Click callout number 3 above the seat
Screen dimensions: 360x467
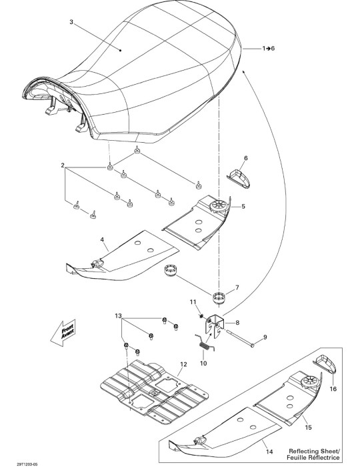(x=71, y=22)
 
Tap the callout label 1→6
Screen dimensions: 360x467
(x=269, y=48)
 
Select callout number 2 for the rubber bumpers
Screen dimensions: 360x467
(x=63, y=165)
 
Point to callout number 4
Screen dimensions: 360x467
(x=102, y=240)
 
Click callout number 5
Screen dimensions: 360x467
(x=243, y=206)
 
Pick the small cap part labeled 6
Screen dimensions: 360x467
(x=239, y=179)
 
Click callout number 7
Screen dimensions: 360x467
(x=237, y=288)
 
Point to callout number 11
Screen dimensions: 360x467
(x=193, y=302)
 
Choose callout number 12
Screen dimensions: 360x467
(x=183, y=364)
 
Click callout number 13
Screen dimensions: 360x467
(x=119, y=316)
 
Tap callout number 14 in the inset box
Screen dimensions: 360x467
(x=269, y=452)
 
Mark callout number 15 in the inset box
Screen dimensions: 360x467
(x=308, y=428)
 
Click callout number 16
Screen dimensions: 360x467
(x=333, y=389)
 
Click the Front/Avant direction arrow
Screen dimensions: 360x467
(x=63, y=333)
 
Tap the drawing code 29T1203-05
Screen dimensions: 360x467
(x=27, y=464)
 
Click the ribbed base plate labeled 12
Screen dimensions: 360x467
(x=154, y=392)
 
